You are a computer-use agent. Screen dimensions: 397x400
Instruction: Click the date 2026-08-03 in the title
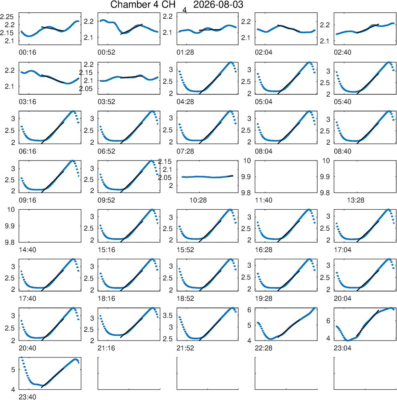click(x=218, y=5)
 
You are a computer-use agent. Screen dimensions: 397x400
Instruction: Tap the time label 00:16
click(x=27, y=53)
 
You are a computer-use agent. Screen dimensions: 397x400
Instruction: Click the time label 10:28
click(x=198, y=200)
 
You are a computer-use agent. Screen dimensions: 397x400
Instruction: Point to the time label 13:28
click(x=356, y=200)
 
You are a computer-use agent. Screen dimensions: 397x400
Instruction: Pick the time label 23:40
click(x=27, y=397)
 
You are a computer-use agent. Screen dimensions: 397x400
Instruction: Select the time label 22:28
click(x=263, y=348)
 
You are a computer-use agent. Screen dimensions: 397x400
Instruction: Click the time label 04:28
click(x=185, y=102)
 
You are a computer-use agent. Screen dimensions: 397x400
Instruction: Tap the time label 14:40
click(x=27, y=249)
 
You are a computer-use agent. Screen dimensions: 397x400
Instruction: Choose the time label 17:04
click(x=342, y=249)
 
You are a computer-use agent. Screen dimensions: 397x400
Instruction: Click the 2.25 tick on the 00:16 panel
click(x=7, y=17)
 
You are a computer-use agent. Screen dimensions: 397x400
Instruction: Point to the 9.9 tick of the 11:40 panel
click(x=246, y=177)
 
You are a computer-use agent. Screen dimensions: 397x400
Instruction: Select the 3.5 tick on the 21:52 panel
click(x=168, y=316)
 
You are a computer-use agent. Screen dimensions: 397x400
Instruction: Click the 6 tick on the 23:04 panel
click(x=328, y=321)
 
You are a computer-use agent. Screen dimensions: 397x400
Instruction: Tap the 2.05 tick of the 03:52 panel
click(x=86, y=89)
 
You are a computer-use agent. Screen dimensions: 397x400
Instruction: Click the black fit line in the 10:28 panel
click(x=230, y=176)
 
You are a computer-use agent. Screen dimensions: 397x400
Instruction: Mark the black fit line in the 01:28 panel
click(x=210, y=30)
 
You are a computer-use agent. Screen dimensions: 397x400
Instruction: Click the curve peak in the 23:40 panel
click(x=75, y=360)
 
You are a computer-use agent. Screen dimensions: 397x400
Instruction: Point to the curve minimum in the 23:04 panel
click(x=348, y=340)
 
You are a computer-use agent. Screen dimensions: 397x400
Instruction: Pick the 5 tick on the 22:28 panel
click(x=249, y=325)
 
